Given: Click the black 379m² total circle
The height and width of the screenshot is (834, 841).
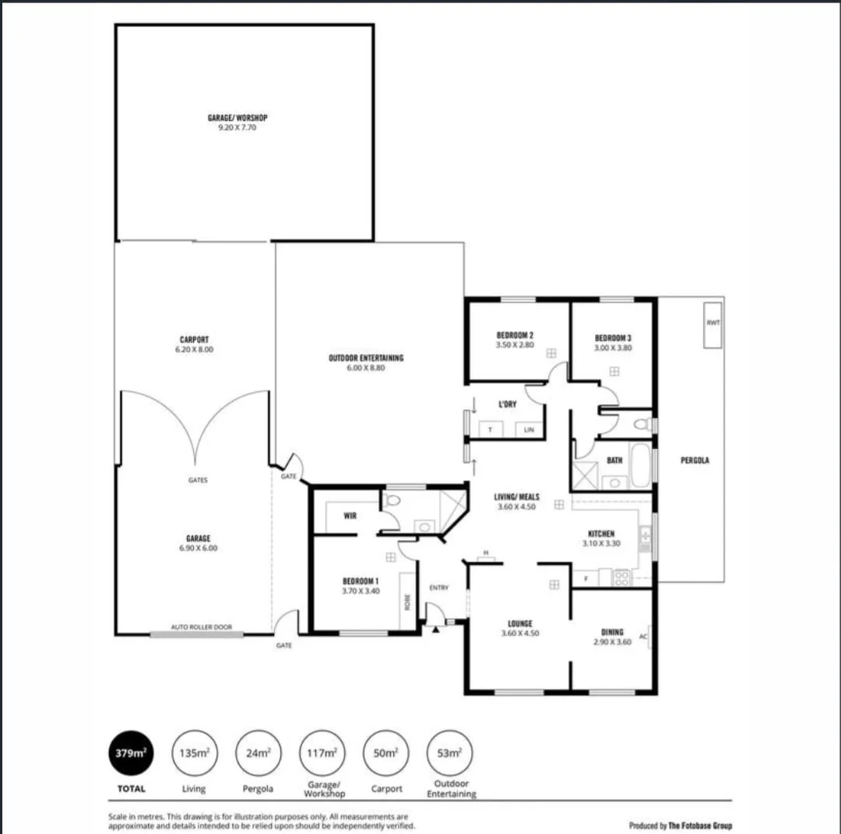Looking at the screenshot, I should pyautogui.click(x=130, y=753).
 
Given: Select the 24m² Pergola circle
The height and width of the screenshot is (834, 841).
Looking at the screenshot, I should pyautogui.click(x=258, y=753).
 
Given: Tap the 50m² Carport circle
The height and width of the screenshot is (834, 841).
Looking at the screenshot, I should pyautogui.click(x=386, y=753).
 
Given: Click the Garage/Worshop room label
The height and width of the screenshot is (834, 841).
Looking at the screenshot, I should pyautogui.click(x=238, y=122).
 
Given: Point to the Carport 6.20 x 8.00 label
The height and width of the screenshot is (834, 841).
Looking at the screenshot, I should pyautogui.click(x=194, y=345).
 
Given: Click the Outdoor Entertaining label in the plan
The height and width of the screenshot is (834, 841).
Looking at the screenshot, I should pyautogui.click(x=366, y=362).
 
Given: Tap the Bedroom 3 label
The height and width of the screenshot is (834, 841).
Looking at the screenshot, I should pyautogui.click(x=613, y=342).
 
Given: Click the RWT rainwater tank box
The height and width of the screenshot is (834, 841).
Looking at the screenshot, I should pyautogui.click(x=713, y=324).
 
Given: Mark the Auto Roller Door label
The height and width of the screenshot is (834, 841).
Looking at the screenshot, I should pyautogui.click(x=202, y=627).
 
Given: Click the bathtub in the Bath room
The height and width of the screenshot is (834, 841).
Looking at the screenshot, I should pyautogui.click(x=639, y=466).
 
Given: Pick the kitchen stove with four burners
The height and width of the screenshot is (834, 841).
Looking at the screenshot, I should pyautogui.click(x=622, y=578).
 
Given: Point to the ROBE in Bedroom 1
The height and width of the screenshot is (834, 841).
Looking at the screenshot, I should pyautogui.click(x=406, y=601).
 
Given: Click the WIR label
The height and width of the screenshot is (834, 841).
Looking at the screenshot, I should pyautogui.click(x=350, y=515).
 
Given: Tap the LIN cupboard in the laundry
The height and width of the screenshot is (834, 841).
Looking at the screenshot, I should pyautogui.click(x=529, y=429).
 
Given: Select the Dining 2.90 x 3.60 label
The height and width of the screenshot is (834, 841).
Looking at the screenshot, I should pyautogui.click(x=612, y=637).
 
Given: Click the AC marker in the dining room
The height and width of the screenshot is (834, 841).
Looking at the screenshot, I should pyautogui.click(x=643, y=637).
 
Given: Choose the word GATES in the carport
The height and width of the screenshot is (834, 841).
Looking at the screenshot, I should pyautogui.click(x=198, y=480).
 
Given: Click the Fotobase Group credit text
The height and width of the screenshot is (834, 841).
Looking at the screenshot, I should pyautogui.click(x=680, y=825).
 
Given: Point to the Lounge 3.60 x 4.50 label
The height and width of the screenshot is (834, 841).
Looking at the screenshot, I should pyautogui.click(x=519, y=628).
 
